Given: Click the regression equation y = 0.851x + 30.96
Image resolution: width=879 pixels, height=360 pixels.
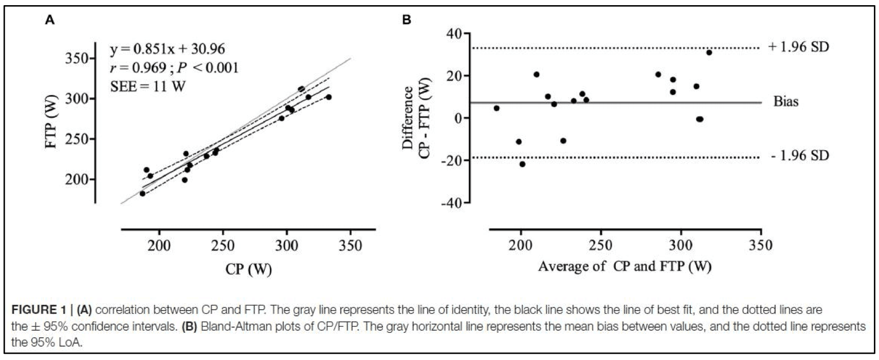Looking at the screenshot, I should pos(168,49).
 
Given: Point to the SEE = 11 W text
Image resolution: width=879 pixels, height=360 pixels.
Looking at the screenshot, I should pos(148,86).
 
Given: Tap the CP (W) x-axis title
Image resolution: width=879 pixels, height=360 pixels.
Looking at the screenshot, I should pos(249,268).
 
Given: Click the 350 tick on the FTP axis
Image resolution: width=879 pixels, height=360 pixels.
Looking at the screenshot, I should pos(78,59).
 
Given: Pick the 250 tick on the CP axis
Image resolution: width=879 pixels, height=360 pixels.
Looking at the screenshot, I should pos(223,246).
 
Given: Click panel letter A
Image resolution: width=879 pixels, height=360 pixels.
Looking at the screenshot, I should pos(50,20).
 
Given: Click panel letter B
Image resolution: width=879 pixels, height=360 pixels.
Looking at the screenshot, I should pos(407,20).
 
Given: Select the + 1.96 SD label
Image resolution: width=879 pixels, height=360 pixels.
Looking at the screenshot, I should pos(798,47).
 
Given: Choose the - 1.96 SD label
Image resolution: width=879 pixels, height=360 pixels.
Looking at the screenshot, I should pos(800,155).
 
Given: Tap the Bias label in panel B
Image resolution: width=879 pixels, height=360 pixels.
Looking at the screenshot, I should pos(786,101).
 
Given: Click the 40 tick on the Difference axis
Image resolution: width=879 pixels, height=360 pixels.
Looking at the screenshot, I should pos(454,34).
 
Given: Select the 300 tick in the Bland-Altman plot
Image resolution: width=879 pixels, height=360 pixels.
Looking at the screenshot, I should pos(681,246).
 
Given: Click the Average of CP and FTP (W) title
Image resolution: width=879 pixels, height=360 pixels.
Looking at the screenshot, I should pos(625,266).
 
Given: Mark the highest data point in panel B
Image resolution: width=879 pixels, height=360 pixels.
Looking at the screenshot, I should pos(709,52).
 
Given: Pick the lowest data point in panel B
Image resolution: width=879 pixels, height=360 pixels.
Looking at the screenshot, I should pos(522,164).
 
